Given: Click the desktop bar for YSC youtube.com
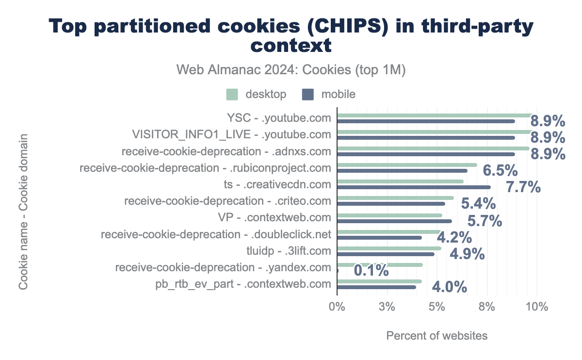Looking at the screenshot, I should tap(435, 115).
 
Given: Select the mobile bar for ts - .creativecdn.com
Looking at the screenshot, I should tap(414, 187).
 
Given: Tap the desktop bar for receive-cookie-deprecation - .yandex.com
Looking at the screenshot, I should tap(380, 265).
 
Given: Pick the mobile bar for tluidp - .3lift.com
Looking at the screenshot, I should tap(386, 254).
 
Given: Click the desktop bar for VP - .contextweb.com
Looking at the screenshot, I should tap(389, 215).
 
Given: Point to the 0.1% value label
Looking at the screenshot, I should tap(371, 270).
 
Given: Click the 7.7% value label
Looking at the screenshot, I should tap(523, 187).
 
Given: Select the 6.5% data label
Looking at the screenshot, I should tap(500, 171).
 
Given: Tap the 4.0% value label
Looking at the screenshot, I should tap(449, 287).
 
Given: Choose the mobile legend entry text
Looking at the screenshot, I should tap(338, 94).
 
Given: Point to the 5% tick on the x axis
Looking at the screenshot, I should tap(437, 307).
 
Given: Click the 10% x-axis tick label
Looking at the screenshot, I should tap(537, 307).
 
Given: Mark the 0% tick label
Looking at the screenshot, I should tap(337, 307).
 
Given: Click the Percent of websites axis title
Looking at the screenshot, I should tap(436, 336).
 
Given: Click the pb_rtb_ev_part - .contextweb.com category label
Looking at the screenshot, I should tap(243, 284).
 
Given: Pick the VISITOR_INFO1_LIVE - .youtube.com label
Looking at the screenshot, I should tap(231, 134).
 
